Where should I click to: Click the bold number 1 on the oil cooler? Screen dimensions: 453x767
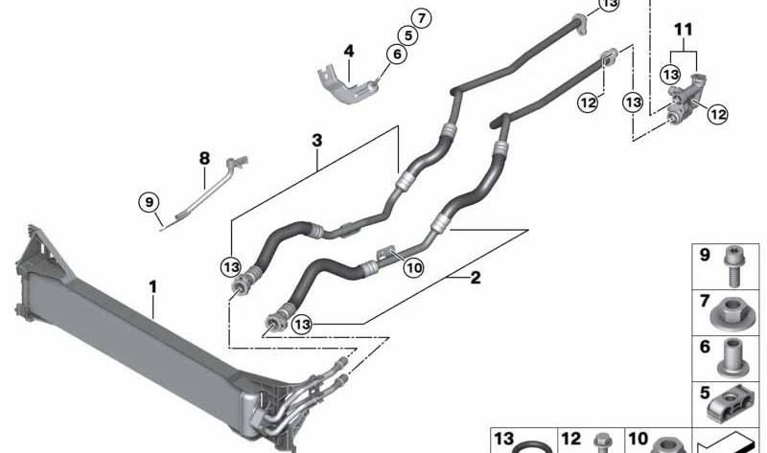coord(151,284)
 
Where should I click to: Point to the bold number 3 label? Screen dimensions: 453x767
coord(316,141)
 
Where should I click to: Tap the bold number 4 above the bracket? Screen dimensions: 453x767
coord(349,50)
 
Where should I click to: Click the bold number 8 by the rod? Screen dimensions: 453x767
coord(204,156)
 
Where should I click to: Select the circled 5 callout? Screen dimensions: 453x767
coord(407,35)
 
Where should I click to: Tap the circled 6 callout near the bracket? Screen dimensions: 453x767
coord(394,56)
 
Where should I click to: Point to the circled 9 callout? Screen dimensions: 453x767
coord(148,202)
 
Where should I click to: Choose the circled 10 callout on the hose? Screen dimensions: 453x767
coord(413,268)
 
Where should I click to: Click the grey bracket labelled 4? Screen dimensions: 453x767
coord(347,85)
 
